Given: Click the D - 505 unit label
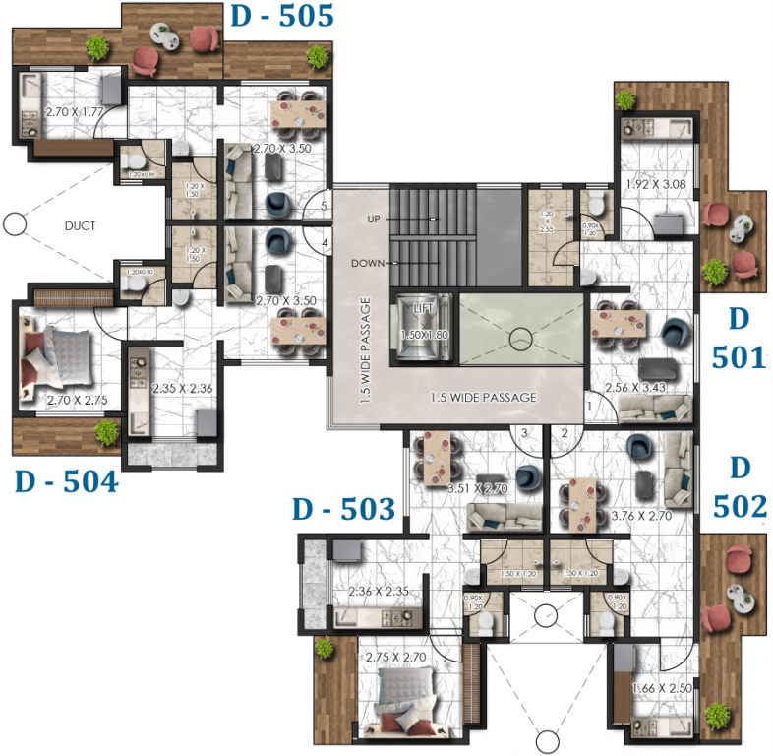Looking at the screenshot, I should tap(280, 16).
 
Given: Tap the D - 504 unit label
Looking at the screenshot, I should tap(65, 482).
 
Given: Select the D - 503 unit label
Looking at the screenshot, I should tap(343, 509).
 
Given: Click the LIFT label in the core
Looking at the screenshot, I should tap(423, 309).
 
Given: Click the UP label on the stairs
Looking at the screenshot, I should tap(374, 218).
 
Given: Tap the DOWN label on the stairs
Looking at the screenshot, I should tap(369, 263).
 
